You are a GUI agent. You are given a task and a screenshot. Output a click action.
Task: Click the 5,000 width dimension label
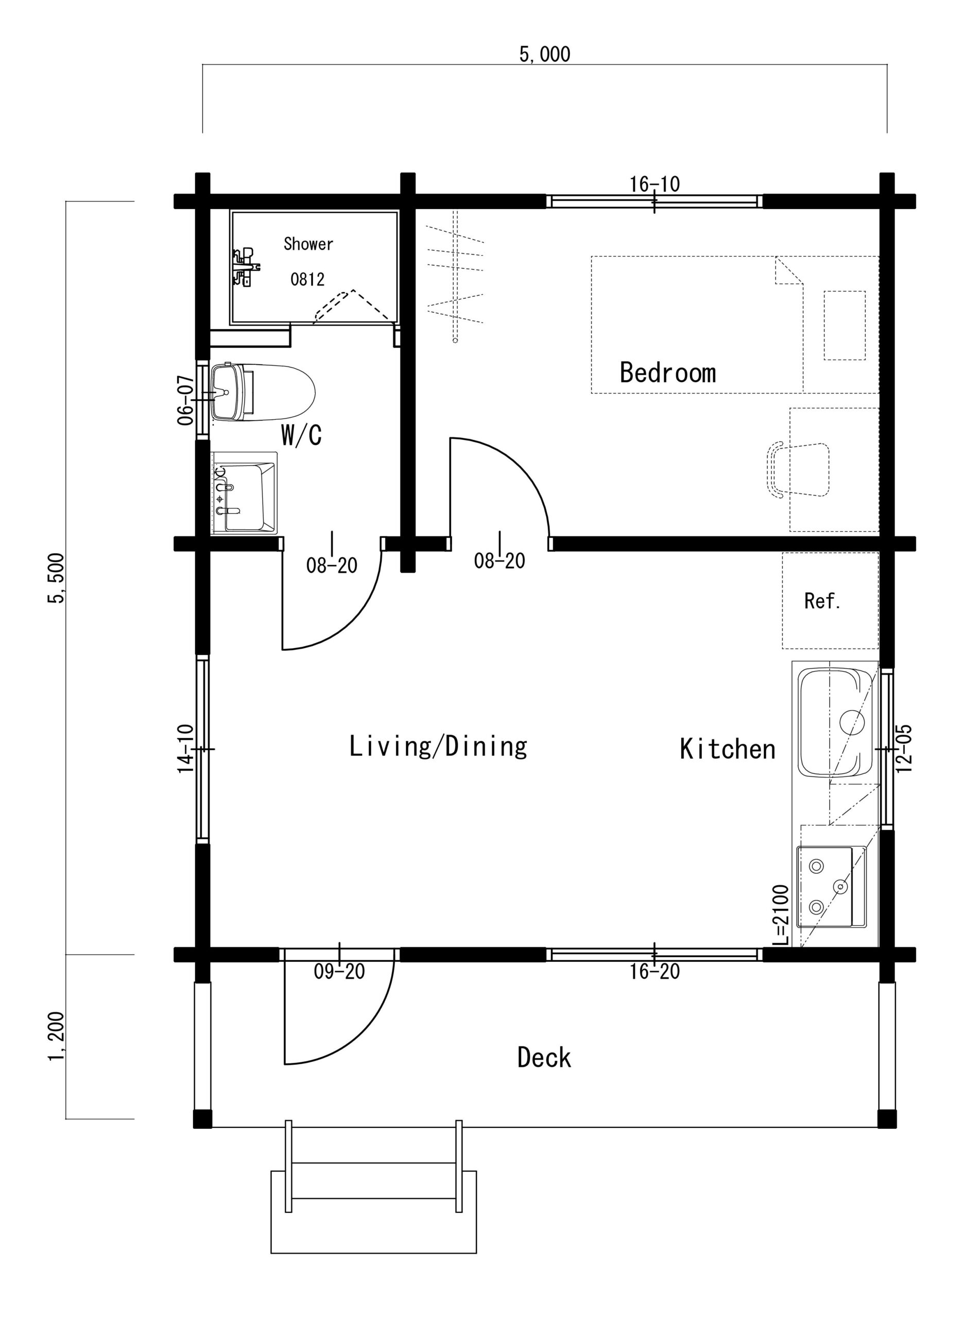[x=544, y=55]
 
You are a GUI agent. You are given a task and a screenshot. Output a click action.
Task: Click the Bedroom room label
[x=667, y=372]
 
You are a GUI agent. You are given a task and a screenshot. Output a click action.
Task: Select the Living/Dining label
[x=438, y=746]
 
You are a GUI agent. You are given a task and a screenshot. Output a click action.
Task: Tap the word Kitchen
[x=727, y=749]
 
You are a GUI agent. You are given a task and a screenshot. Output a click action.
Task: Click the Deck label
[x=544, y=1057]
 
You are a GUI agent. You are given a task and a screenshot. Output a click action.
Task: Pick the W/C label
[x=301, y=435]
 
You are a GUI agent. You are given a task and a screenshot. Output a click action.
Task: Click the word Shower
[x=308, y=243]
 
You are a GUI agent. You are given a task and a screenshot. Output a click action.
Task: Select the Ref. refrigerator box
[x=830, y=600]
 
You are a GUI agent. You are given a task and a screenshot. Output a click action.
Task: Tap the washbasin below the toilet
[x=245, y=493]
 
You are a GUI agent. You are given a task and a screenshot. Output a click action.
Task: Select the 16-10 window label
[x=655, y=184]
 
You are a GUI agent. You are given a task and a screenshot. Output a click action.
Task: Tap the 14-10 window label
[x=186, y=749]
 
